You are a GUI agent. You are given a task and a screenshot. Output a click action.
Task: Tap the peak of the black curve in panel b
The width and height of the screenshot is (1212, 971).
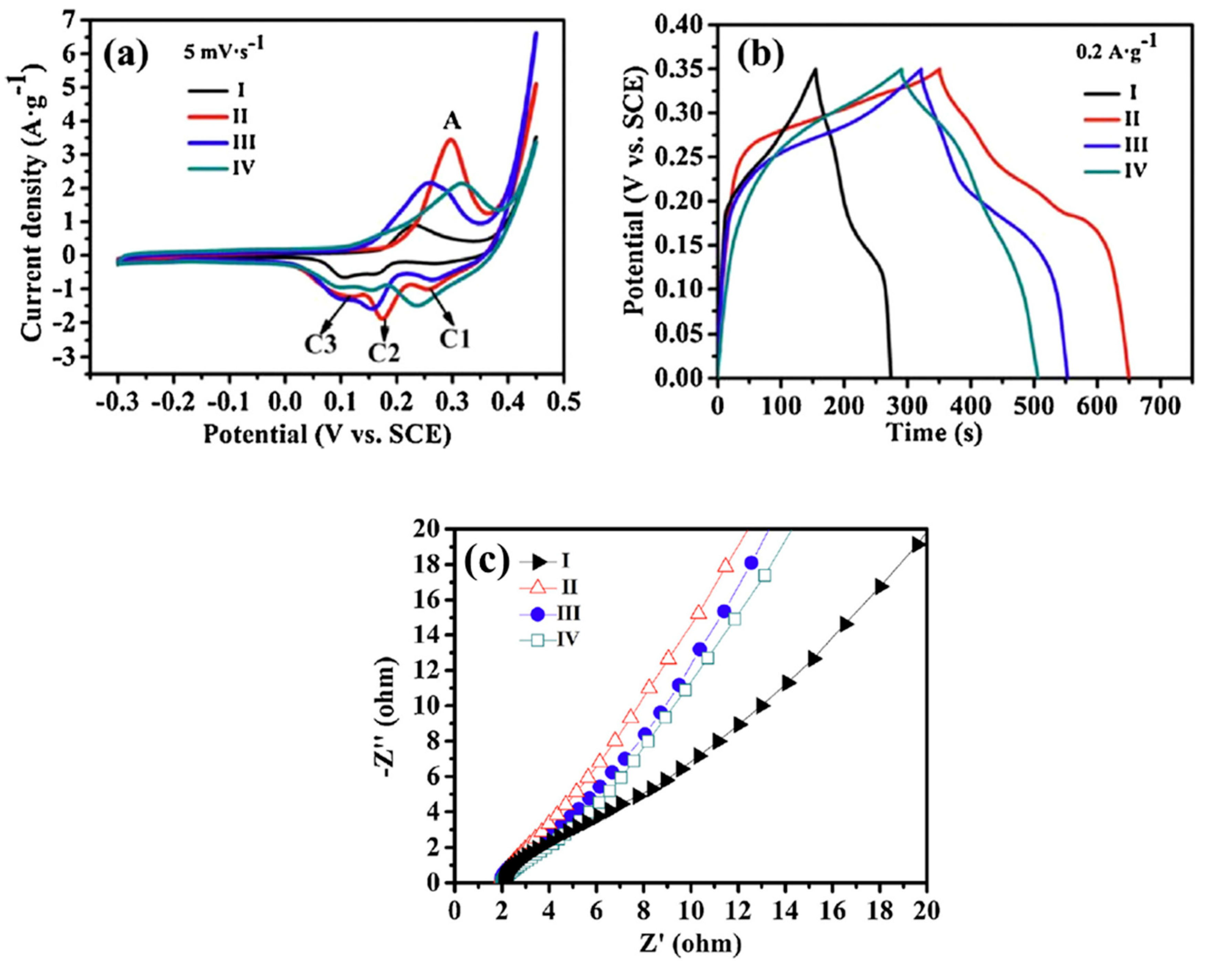click(815, 69)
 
